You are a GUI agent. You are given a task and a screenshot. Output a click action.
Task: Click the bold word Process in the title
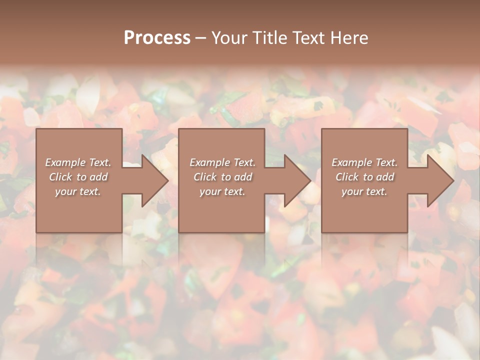pyautogui.click(x=157, y=38)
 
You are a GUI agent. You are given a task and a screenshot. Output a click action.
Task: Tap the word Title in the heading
pyautogui.click(x=268, y=38)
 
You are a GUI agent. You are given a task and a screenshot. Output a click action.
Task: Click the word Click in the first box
pyautogui.click(x=60, y=177)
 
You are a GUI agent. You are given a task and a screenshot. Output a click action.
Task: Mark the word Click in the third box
pyautogui.click(x=347, y=177)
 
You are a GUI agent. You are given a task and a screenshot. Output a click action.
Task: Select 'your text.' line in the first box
pyautogui.click(x=78, y=191)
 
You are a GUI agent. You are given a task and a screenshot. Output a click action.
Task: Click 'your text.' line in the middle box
pyautogui.click(x=222, y=191)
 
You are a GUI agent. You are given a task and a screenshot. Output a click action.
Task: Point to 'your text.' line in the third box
pyautogui.click(x=364, y=191)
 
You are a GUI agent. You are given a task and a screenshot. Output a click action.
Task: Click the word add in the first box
pyautogui.click(x=98, y=177)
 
